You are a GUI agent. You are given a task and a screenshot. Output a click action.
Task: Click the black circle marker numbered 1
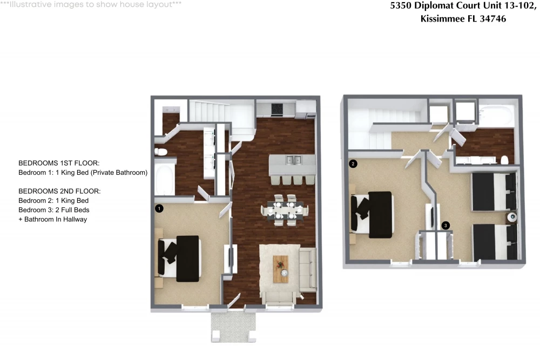159,208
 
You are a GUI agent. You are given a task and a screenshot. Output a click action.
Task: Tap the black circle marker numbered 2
353,164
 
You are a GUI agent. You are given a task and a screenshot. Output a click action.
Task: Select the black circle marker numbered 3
446,226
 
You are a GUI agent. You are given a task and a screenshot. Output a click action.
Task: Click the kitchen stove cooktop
277,110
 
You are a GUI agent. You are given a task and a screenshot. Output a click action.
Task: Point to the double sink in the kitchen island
293,160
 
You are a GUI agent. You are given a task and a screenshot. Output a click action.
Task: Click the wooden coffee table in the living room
281,269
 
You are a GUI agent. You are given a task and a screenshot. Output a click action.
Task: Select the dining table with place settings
285,209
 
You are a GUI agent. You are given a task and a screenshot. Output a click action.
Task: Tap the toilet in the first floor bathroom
161,152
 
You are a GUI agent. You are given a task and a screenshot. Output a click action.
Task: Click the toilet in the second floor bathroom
504,160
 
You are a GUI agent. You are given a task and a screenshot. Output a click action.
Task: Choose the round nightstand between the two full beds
512,217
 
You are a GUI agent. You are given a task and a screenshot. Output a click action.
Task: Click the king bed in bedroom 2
372,215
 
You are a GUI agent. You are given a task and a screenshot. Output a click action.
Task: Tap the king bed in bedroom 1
179,259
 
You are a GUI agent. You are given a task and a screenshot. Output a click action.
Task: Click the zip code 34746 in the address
493,18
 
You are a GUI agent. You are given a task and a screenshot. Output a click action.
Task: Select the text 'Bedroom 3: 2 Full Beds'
53,210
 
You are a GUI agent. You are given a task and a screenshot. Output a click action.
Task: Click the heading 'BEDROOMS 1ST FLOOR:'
59,163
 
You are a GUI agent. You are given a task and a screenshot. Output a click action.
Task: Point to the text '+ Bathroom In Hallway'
53,219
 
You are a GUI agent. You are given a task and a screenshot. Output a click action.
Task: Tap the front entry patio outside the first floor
233,327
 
